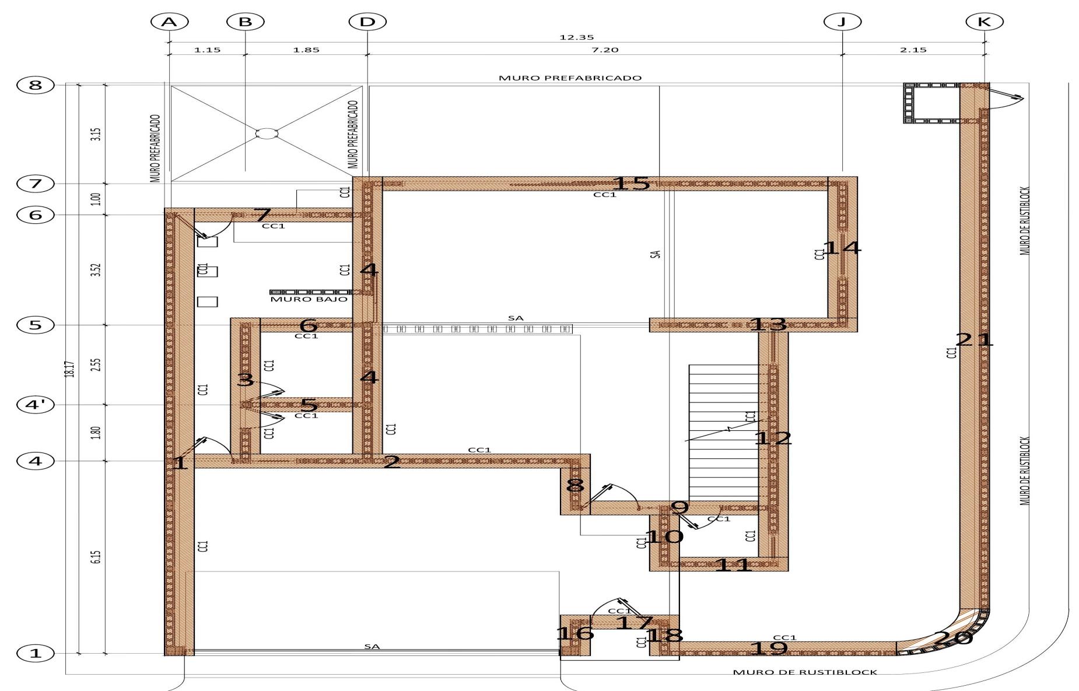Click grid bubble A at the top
pos(169,22)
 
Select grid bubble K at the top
pos(984,22)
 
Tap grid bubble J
pos(842,22)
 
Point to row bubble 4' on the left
pos(36,405)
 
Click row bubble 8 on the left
pos(36,85)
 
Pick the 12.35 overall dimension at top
pos(576,37)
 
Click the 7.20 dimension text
pos(605,50)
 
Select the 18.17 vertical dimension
pos(69,369)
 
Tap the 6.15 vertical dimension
pos(97,557)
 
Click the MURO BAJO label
pos(309,299)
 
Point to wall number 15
pos(631,184)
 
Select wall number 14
pos(842,248)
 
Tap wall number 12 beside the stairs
pos(773,438)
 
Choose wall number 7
pos(262,215)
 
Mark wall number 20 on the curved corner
pos(954,638)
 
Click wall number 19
pos(769,648)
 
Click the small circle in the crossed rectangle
pos(266,134)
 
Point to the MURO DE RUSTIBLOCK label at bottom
pos(805,672)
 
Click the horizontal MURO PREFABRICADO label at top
pos(570,78)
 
